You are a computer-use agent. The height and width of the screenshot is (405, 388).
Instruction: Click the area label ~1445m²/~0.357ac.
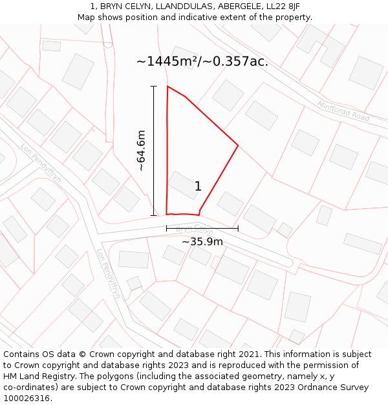(202, 62)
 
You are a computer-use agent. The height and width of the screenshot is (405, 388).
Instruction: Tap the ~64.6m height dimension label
(141, 150)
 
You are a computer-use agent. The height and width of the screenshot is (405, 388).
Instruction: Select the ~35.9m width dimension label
(202, 242)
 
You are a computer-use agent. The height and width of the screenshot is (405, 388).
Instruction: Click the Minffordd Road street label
(343, 111)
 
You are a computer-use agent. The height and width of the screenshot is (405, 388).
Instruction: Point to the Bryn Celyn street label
(194, 229)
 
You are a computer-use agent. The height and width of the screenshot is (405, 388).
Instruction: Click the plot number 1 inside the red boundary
(198, 187)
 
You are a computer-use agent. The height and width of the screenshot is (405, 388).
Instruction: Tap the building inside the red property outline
(183, 185)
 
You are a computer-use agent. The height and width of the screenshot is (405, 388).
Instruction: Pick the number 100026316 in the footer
(25, 398)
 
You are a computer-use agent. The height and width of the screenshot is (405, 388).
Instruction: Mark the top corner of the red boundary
(167, 86)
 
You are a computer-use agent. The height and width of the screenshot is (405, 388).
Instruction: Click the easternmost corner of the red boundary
(238, 146)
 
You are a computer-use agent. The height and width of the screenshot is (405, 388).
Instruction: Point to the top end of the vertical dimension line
(154, 86)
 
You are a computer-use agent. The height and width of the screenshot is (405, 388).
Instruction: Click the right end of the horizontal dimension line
(238, 228)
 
